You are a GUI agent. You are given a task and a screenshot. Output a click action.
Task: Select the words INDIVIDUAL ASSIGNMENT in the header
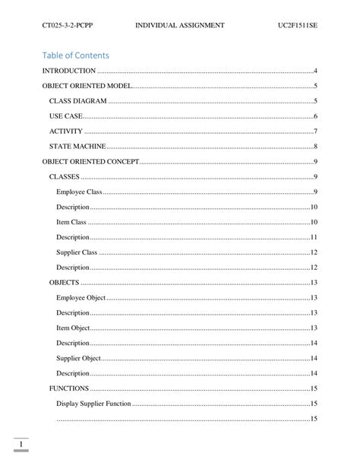tap(179, 26)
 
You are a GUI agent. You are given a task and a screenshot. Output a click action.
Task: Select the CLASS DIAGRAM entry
tap(78, 101)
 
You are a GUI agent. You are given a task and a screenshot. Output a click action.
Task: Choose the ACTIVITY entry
tap(66, 132)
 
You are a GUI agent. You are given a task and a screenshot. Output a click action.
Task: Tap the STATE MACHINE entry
tap(77, 146)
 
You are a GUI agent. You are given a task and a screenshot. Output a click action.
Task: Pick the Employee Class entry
tap(79, 192)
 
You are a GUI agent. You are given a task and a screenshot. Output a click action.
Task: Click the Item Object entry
tap(73, 328)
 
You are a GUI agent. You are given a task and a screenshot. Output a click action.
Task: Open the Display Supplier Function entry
tap(93, 403)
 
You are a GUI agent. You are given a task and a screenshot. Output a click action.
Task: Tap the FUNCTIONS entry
tap(69, 388)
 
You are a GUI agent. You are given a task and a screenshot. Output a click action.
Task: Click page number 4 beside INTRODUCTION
tap(314, 71)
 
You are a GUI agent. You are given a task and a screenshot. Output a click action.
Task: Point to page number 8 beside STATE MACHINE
tap(314, 146)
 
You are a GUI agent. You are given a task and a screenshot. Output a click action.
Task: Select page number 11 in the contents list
tap(313, 237)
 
